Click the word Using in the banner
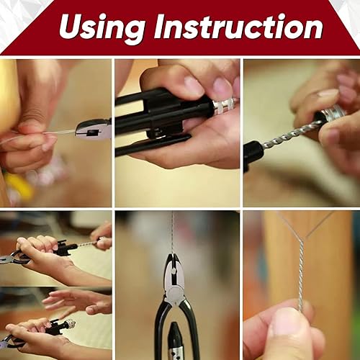[x=102, y=27]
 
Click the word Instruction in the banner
[x=238, y=26]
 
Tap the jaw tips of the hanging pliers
[x=172, y=256]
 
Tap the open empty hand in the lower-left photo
[x=78, y=301]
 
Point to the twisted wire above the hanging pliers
[x=172, y=233]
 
